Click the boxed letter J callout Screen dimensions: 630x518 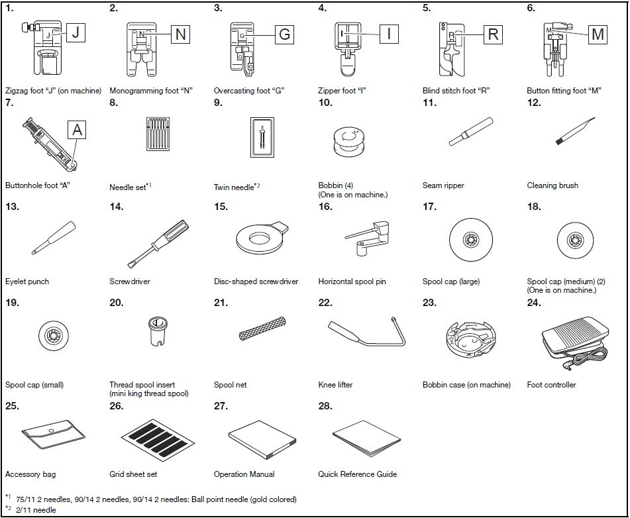(76, 32)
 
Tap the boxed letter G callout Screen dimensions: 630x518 (284, 34)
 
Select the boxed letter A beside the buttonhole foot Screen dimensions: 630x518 (77, 130)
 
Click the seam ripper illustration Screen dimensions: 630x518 (471, 131)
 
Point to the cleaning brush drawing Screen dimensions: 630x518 (575, 130)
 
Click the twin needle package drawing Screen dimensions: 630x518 (262, 137)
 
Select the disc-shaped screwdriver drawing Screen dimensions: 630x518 (262, 238)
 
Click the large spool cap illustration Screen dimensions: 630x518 (471, 240)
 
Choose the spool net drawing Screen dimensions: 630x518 (262, 329)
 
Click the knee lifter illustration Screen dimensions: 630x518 (366, 332)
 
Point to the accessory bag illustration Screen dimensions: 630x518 (54, 435)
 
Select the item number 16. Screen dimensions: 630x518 (325, 207)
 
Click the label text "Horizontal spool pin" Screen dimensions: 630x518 (352, 282)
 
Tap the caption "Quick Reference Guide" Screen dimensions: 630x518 (357, 474)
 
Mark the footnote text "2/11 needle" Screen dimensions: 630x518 (36, 510)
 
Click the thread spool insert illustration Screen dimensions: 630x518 (158, 332)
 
